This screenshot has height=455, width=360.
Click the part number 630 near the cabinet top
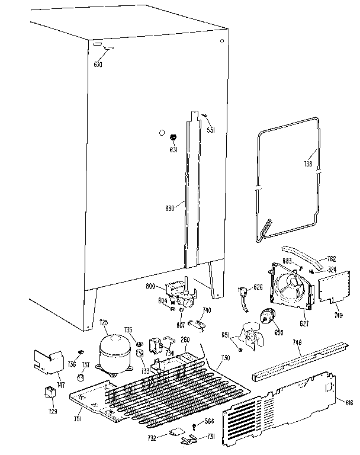(x=98, y=64)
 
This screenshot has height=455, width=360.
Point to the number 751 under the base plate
(x=76, y=420)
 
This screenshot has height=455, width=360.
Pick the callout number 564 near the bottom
(x=209, y=422)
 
